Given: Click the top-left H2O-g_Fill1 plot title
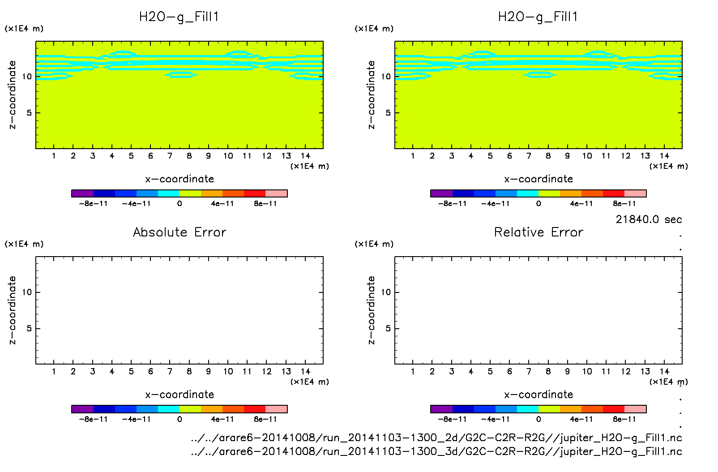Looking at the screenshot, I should pyautogui.click(x=179, y=17).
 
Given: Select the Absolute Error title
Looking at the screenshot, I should pyautogui.click(x=179, y=232).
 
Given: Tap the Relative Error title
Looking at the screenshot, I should pyautogui.click(x=538, y=232).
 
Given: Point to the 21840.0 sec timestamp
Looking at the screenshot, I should pyautogui.click(x=648, y=219).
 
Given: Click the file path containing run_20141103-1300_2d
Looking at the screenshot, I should pyautogui.click(x=436, y=438).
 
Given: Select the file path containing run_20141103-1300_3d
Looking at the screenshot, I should pyautogui.click(x=436, y=451).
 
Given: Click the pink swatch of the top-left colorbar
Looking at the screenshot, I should pyautogui.click(x=276, y=193).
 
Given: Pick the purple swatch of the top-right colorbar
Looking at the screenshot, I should pyautogui.click(x=441, y=193).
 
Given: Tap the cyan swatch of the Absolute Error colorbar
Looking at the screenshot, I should pyautogui.click(x=169, y=409).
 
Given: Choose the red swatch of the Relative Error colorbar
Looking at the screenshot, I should pyautogui.click(x=614, y=409).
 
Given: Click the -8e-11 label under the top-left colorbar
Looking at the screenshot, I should pyautogui.click(x=93, y=204).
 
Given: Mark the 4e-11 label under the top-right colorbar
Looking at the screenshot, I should pyautogui.click(x=581, y=204).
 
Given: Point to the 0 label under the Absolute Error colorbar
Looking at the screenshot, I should pyautogui.click(x=179, y=419).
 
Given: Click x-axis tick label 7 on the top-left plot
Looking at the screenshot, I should pyautogui.click(x=170, y=156).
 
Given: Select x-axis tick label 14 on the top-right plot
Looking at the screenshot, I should pyautogui.click(x=664, y=156).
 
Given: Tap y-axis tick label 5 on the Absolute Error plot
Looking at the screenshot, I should pyautogui.click(x=29, y=329).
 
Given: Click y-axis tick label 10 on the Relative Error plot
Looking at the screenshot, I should pyautogui.click(x=386, y=292).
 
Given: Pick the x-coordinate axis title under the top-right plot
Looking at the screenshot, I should pyautogui.click(x=538, y=179).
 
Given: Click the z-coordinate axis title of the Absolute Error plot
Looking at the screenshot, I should pyautogui.click(x=13, y=310).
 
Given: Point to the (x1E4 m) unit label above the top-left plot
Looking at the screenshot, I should pyautogui.click(x=24, y=29).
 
